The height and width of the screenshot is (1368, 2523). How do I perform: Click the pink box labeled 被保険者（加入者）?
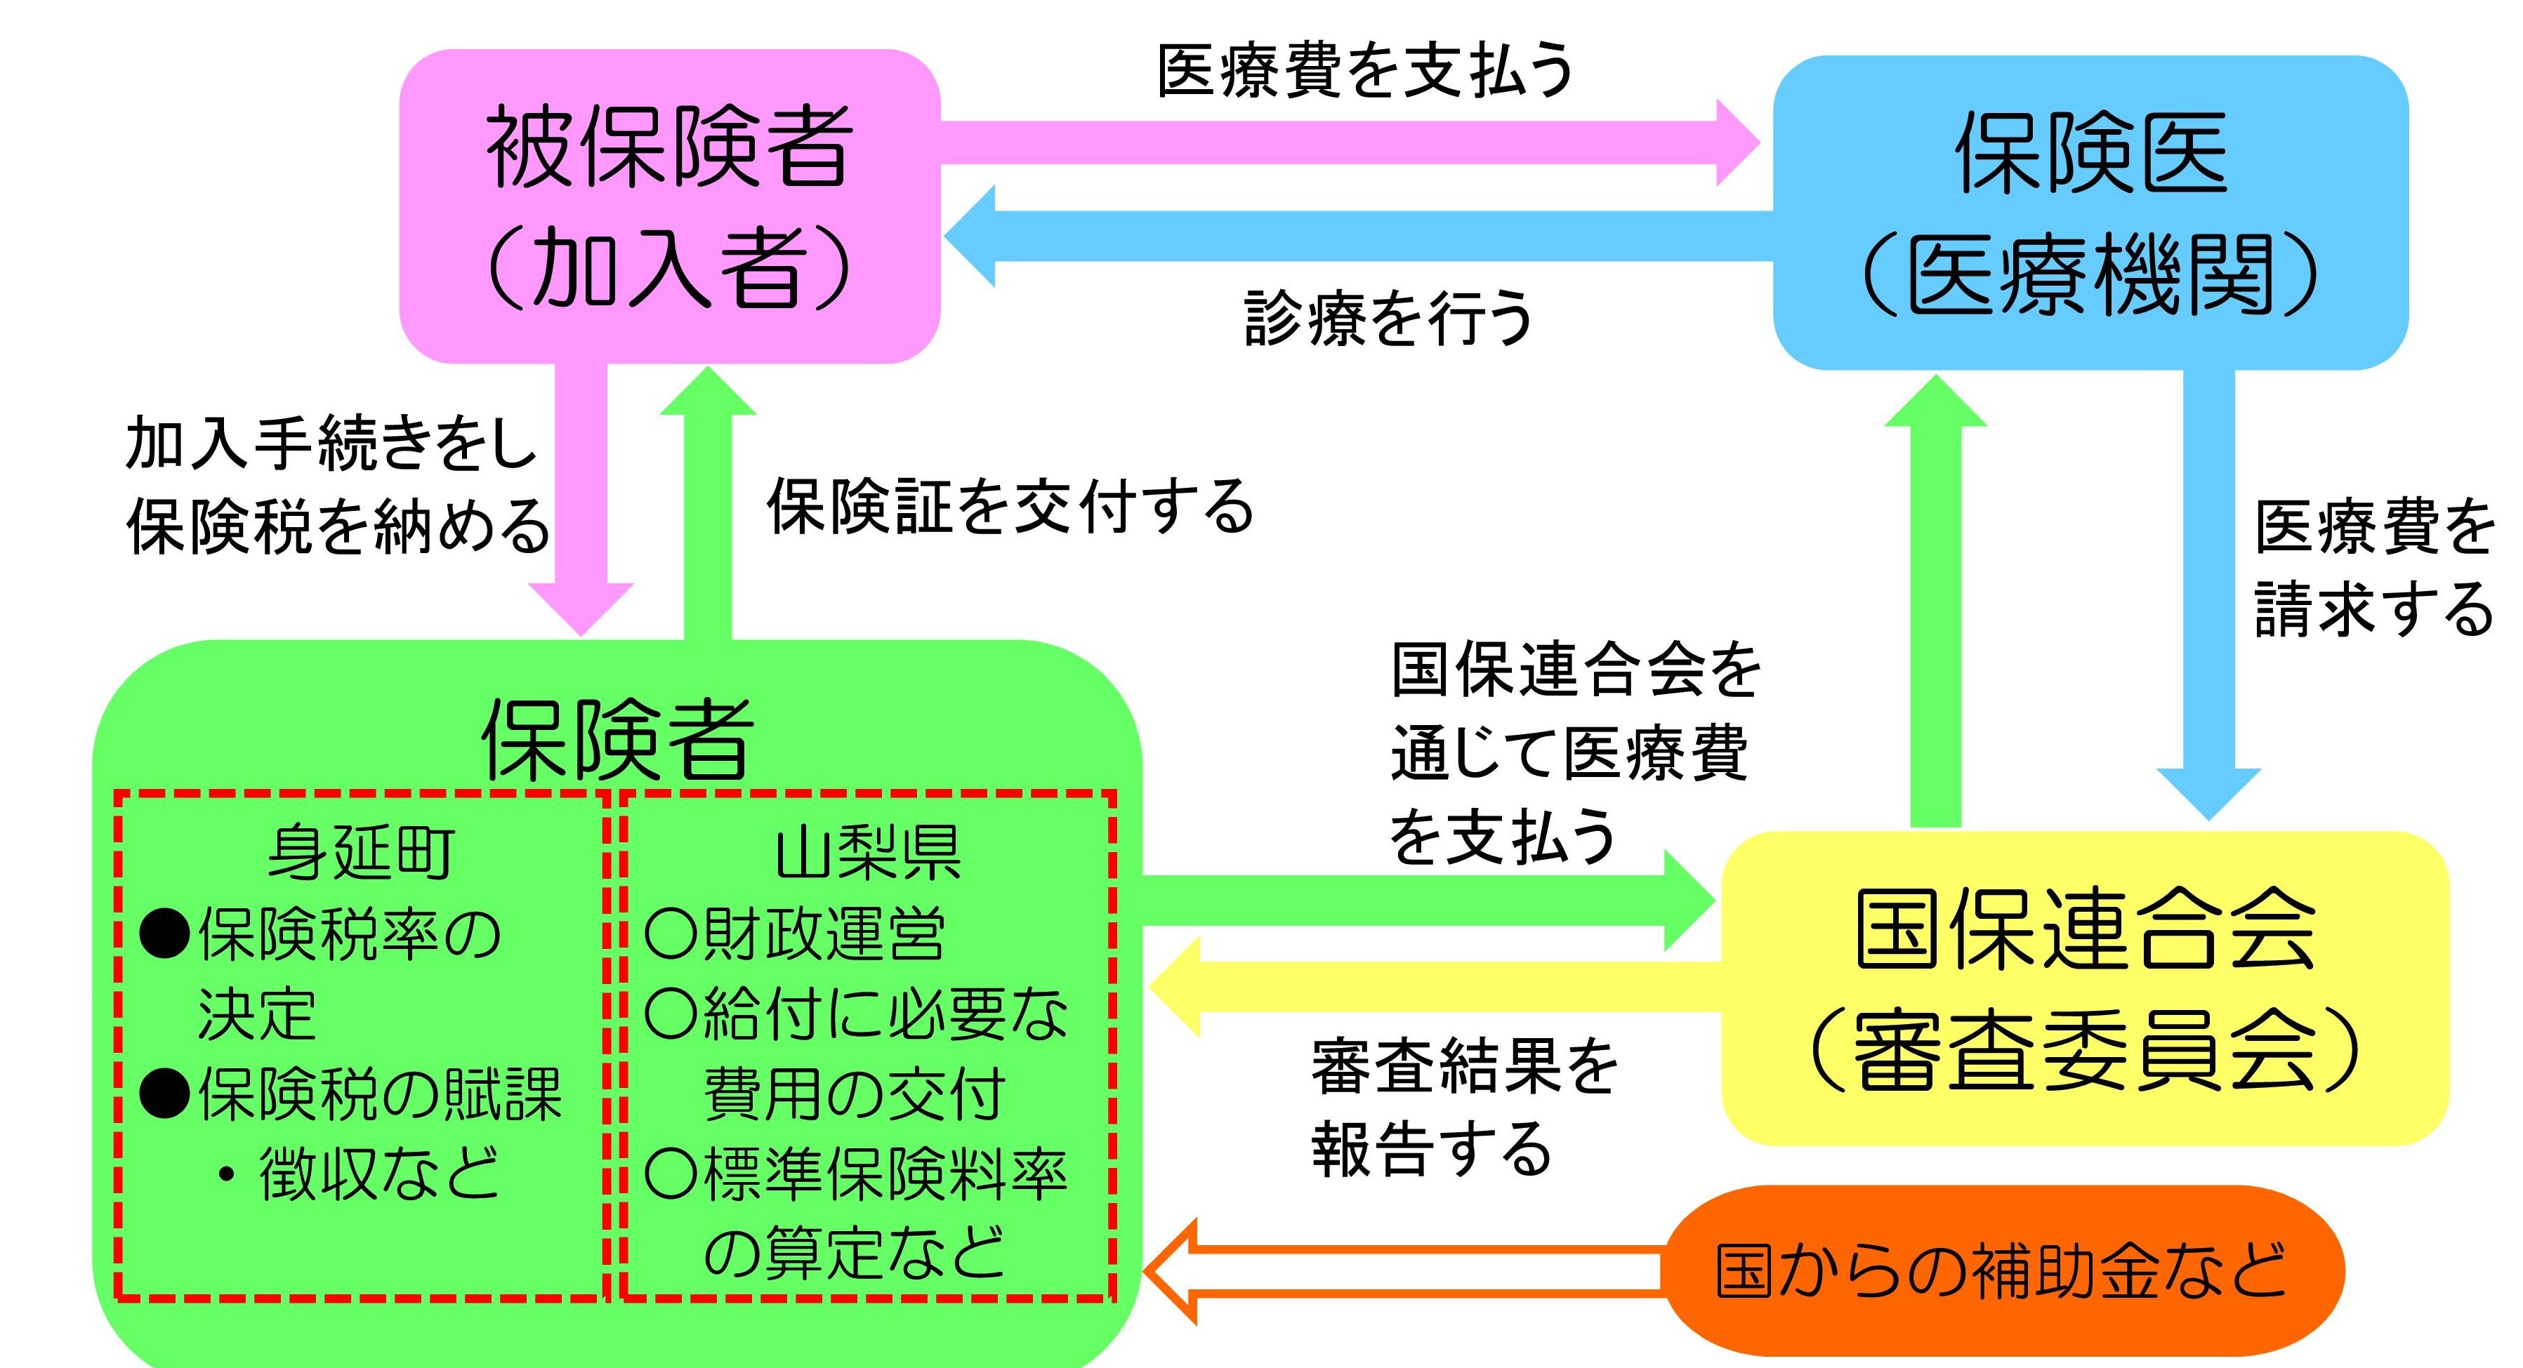pyautogui.click(x=670, y=206)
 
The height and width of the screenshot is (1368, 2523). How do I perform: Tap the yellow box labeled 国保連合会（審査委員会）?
pyautogui.click(x=2084, y=988)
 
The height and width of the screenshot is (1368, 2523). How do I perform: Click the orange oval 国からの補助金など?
pyautogui.click(x=2003, y=1270)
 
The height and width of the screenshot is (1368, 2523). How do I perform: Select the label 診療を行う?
pyautogui.click(x=1389, y=318)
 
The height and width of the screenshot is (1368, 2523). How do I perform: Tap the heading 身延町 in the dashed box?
pyautogui.click(x=360, y=852)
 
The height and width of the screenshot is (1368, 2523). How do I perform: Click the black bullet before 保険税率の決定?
pyautogui.click(x=164, y=934)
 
